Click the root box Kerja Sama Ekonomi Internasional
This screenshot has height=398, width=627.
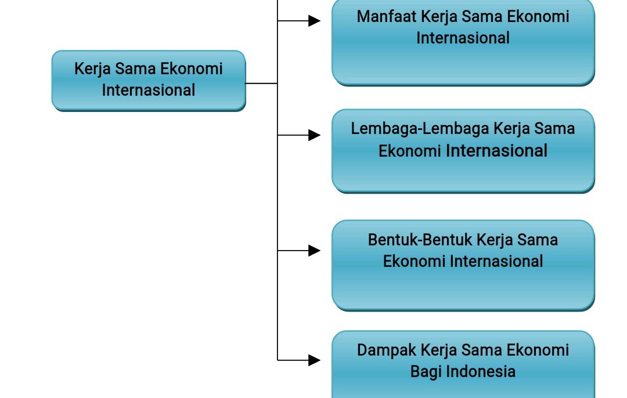[x=149, y=80]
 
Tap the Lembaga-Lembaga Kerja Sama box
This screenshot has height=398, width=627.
[x=463, y=151]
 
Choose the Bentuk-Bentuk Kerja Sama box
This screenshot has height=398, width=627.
[x=463, y=265]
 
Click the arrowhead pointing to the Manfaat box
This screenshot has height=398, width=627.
[x=314, y=21]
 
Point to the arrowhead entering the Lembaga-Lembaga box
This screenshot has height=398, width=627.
[x=314, y=135]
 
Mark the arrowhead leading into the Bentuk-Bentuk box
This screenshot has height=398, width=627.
[x=314, y=251]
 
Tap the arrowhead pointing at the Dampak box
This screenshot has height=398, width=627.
[x=314, y=360]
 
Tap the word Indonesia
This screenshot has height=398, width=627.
[x=479, y=371]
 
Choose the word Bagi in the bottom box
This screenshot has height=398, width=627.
[x=424, y=371]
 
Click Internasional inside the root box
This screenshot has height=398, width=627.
[x=149, y=90]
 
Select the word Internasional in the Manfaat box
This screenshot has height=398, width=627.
[x=463, y=38]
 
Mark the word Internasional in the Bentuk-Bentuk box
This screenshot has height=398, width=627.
[x=496, y=261]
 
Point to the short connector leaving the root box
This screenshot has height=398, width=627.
[x=261, y=84]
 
